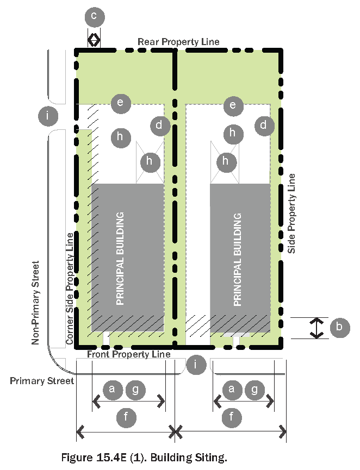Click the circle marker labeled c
pos(94,17)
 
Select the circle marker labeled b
pos(339,327)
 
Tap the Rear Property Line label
pos(178,42)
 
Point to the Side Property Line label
pos(292,213)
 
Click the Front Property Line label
pos(129,354)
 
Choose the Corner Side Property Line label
pos(70,288)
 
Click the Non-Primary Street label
pos(36,303)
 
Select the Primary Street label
pos(42,381)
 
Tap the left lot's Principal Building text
pos(121,259)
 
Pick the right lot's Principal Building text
pos(237,260)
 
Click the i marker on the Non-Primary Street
pos(48,115)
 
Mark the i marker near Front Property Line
pos(196,364)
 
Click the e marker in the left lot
pos(120,102)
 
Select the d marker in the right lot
pos(264,126)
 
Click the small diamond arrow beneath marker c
pos(94,40)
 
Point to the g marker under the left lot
pos(135,389)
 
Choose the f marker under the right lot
pos(232,417)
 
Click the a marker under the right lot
pos(232,389)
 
